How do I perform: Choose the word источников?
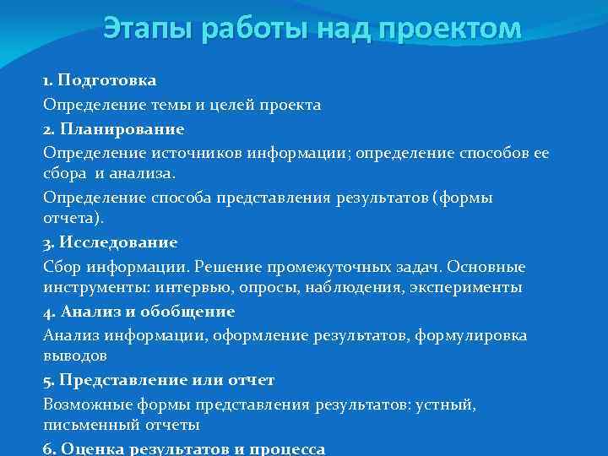click(163, 153)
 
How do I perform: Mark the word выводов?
click(74, 356)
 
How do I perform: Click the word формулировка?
click(471, 335)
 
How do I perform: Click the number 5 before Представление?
click(47, 380)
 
